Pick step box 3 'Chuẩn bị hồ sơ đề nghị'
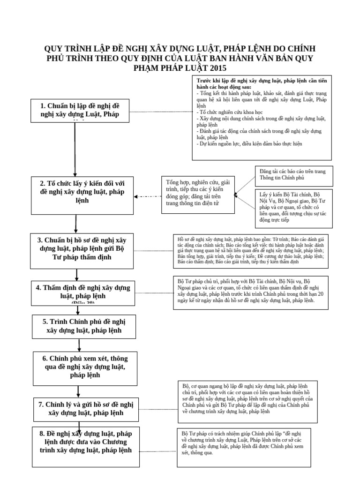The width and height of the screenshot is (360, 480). (x=82, y=248)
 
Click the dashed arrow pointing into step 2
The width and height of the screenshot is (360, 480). (x=145, y=196)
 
